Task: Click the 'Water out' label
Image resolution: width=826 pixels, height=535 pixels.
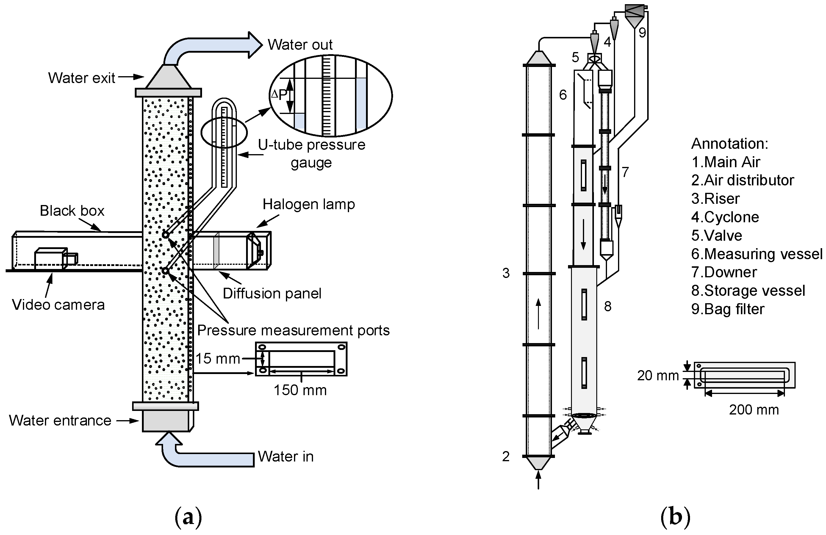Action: tap(300, 45)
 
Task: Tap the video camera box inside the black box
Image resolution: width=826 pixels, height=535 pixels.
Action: tap(51, 259)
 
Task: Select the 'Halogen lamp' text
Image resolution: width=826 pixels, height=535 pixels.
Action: tap(309, 204)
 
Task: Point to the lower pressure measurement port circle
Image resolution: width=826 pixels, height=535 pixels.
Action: tap(166, 270)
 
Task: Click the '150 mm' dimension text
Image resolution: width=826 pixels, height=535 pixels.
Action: tap(300, 390)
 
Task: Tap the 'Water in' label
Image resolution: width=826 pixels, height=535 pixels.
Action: tap(285, 456)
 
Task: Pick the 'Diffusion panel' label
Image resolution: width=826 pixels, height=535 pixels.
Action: tap(272, 293)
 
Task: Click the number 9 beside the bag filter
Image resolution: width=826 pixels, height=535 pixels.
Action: tap(642, 33)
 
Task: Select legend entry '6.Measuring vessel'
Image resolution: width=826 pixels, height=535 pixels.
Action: tap(757, 254)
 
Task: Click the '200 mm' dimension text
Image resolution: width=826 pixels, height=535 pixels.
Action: tap(754, 410)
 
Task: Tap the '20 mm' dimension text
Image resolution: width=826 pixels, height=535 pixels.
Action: tap(658, 376)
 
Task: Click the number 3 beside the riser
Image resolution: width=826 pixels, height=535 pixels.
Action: tap(506, 273)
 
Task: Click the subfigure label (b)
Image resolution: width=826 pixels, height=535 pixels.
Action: tap(675, 517)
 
